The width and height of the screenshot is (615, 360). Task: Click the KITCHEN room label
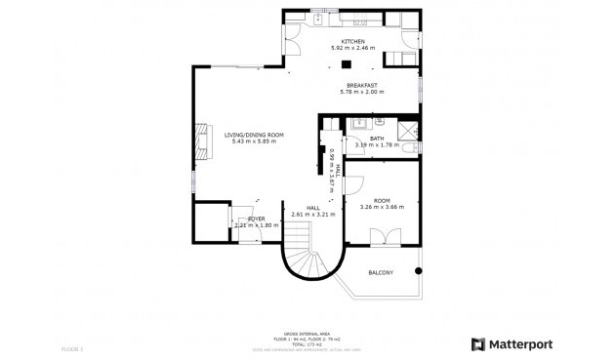352,41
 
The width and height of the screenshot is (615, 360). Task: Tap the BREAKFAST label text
361,85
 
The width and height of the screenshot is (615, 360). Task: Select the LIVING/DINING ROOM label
254,135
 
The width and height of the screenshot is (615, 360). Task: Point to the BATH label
376,139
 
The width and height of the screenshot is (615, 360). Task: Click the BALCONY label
381,272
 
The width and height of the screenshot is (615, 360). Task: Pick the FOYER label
256,219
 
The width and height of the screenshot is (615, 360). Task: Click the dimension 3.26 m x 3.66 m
382,207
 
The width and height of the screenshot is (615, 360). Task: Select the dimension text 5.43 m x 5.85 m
254,141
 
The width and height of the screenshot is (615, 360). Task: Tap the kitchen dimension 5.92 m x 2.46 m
352,48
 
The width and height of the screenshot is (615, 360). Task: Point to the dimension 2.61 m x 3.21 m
313,215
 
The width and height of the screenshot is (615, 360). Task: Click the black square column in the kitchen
345,65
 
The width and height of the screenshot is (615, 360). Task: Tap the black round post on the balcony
419,269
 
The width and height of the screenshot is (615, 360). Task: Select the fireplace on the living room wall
202,140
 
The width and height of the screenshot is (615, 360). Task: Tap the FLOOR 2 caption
72,348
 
